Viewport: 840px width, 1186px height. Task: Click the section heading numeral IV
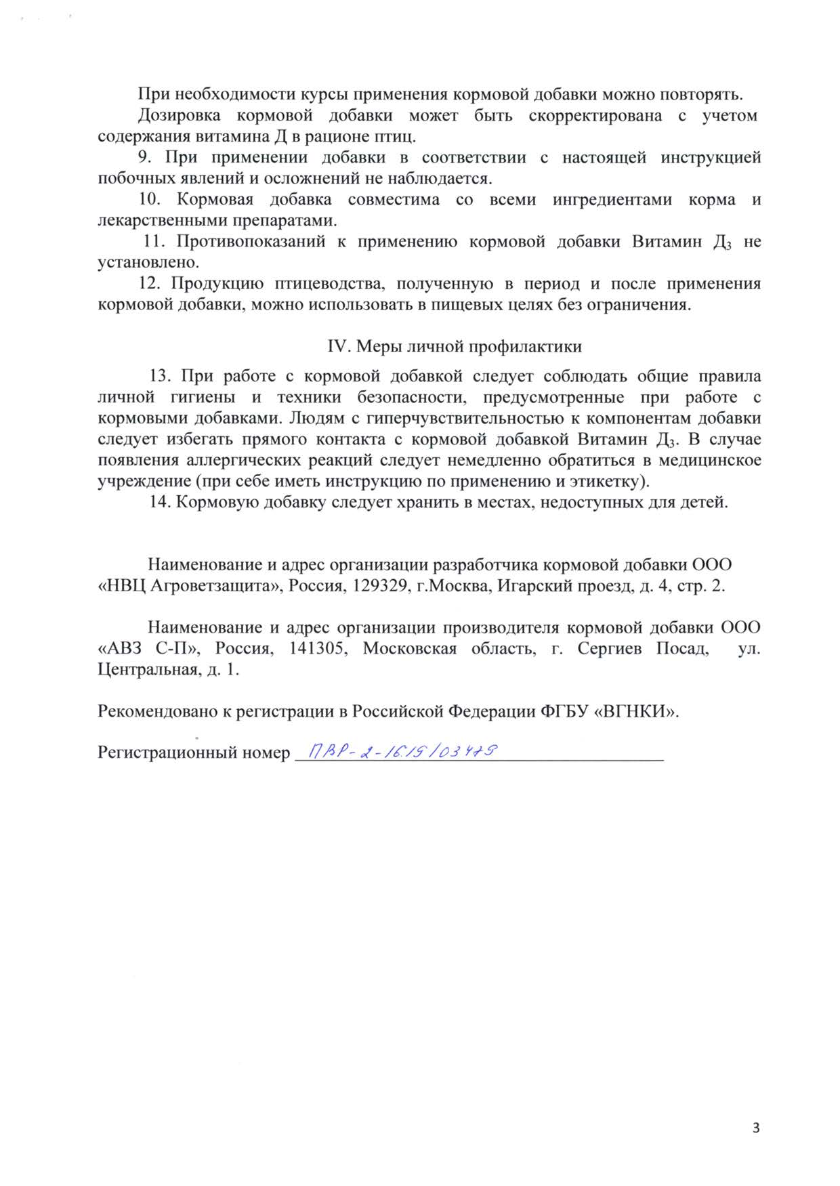337,347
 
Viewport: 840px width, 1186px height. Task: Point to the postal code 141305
318,648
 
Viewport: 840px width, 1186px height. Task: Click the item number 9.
144,158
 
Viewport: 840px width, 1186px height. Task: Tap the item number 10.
149,200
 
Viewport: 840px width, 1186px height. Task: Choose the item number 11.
155,242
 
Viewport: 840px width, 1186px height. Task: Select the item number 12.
149,284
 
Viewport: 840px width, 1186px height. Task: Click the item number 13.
160,376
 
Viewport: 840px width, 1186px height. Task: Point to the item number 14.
160,503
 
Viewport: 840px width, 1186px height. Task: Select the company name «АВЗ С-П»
150,648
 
